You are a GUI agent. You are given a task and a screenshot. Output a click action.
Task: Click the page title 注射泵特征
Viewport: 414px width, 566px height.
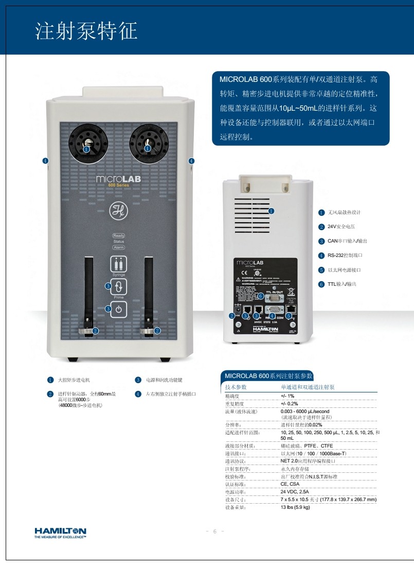tap(86, 31)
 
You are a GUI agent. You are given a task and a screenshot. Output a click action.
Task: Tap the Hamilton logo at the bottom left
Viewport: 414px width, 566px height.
tap(60, 533)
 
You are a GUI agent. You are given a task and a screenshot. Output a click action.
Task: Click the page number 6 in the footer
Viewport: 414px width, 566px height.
tap(215, 531)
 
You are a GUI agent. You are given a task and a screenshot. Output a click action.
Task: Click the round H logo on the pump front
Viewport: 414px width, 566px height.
tap(118, 210)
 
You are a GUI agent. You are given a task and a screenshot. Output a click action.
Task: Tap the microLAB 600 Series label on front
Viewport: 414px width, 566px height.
tap(118, 180)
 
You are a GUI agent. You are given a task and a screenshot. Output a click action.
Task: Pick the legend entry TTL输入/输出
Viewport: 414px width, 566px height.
tap(342, 284)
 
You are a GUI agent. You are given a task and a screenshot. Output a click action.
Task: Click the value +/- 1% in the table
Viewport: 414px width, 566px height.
tap(287, 396)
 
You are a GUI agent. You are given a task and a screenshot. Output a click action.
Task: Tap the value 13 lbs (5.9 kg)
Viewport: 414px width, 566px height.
tap(295, 507)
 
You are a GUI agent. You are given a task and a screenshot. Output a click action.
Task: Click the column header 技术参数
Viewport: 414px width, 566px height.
tap(236, 387)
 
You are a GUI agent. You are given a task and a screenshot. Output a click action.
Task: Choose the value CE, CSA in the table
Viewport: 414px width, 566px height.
tap(291, 484)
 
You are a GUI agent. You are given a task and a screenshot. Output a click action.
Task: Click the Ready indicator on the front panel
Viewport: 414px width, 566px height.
tap(119, 235)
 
